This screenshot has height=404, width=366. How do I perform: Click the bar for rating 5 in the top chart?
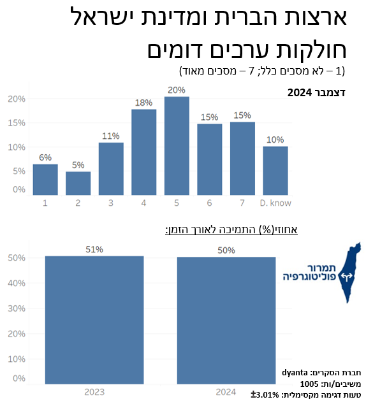[x=177, y=145]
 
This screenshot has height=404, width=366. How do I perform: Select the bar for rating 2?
[x=78, y=183]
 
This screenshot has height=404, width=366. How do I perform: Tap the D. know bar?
[x=275, y=171]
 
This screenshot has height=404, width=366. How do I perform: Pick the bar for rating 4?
[x=144, y=152]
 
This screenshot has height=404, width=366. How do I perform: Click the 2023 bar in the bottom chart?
[x=94, y=320]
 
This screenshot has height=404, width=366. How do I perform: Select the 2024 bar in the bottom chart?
[x=226, y=321]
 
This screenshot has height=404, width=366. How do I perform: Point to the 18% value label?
[x=144, y=103]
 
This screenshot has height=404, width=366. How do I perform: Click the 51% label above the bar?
[x=94, y=249]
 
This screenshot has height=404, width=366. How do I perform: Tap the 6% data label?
[x=45, y=157]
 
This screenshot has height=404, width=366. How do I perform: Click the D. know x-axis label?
[x=275, y=203]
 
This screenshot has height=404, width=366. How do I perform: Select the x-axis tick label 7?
[x=242, y=203]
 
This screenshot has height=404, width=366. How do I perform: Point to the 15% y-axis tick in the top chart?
[x=17, y=122]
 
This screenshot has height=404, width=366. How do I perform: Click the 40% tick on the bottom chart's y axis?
[x=17, y=283]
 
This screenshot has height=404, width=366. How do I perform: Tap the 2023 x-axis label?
[x=94, y=392]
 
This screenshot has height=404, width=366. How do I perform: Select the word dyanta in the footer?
[x=295, y=373]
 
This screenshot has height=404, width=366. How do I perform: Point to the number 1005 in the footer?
[x=309, y=384]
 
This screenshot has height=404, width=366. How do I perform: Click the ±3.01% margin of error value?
[x=265, y=394]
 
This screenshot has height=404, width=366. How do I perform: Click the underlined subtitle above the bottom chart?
[x=231, y=229]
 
